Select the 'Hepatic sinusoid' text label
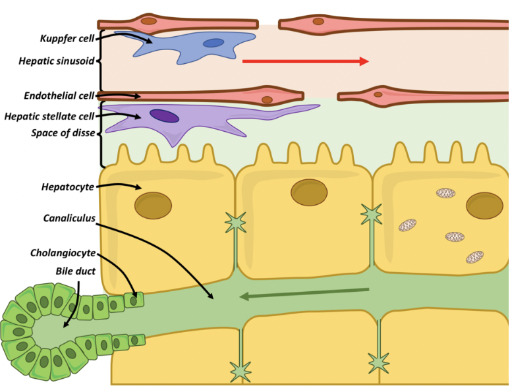click(x=57, y=61)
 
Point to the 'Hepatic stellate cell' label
click(x=49, y=117)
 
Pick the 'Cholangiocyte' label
click(x=63, y=253)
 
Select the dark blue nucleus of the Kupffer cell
click(x=213, y=43)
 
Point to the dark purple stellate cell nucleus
click(x=164, y=116)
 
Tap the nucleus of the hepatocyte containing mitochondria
click(x=485, y=205)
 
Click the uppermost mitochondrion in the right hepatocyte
click(x=445, y=193)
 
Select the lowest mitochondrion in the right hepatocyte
click(x=474, y=256)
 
